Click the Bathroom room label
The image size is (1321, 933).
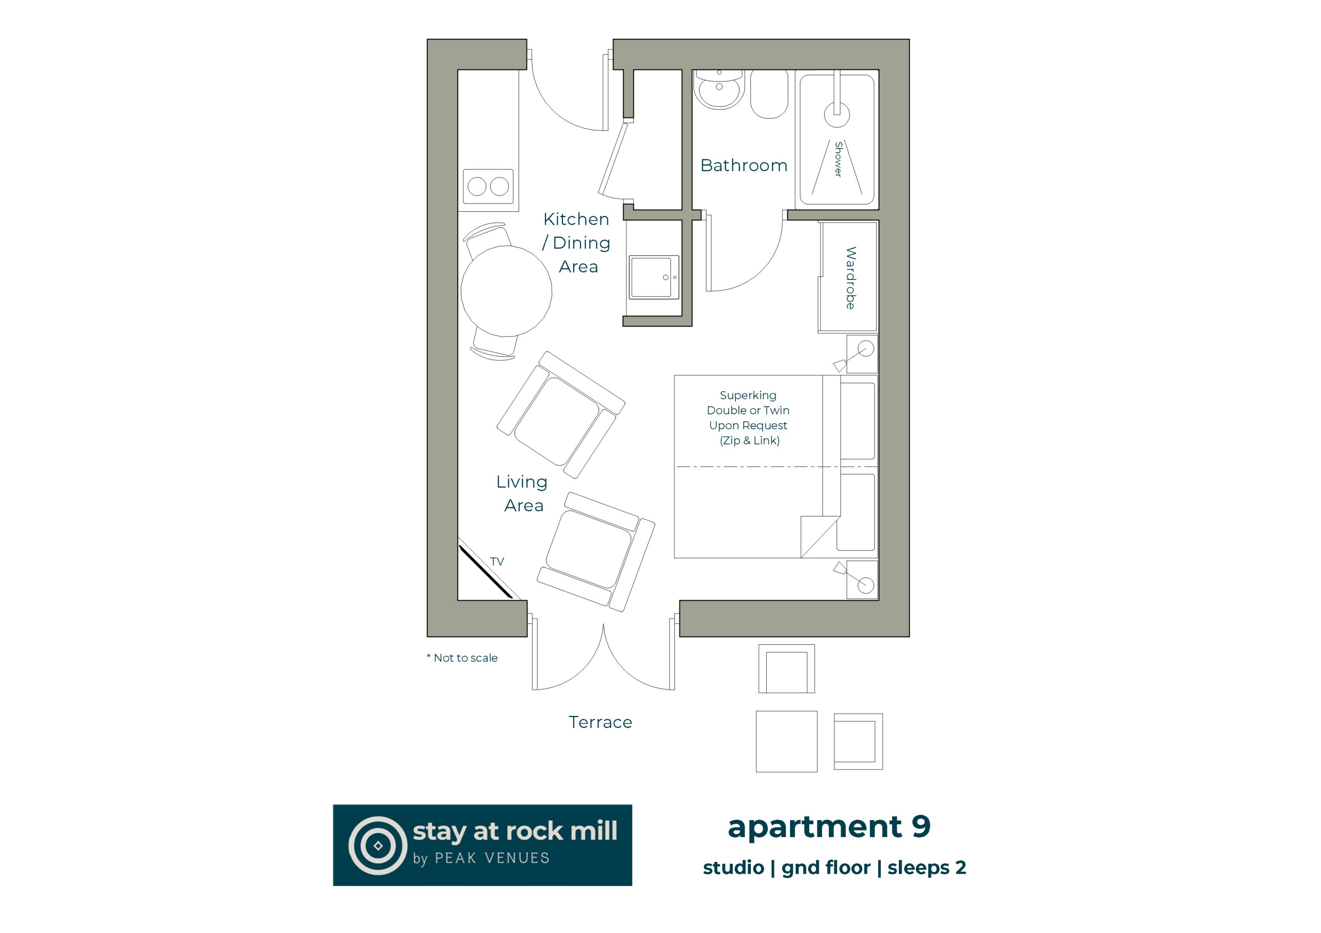pos(744,165)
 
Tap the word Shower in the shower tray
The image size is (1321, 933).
pos(839,159)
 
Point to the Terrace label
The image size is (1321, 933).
pos(600,722)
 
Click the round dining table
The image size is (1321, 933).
pos(506,291)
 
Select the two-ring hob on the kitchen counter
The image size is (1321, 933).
pos(488,186)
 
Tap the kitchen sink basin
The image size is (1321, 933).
pos(654,277)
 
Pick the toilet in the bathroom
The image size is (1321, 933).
pos(769,94)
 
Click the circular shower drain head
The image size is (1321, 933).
pos(836,114)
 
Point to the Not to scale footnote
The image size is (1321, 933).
pos(462,658)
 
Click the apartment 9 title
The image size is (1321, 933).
pos(829,827)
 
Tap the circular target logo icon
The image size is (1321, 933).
pos(378,845)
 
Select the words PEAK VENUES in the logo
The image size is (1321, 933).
pos(492,858)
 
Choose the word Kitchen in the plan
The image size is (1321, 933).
pos(576,219)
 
